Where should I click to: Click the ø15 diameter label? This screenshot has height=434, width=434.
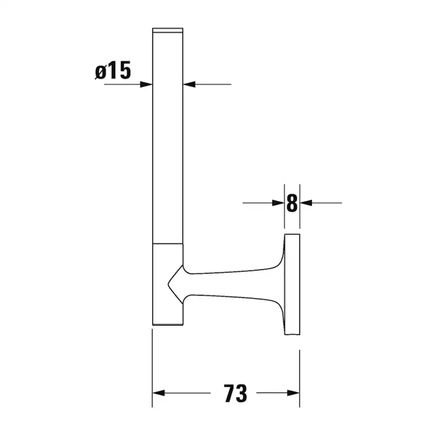(x=113, y=70)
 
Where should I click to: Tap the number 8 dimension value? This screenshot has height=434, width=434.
(x=292, y=203)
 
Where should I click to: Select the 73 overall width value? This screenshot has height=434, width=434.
(x=235, y=393)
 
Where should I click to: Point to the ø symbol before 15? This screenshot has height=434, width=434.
(x=101, y=71)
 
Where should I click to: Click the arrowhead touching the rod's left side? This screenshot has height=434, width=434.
(x=146, y=84)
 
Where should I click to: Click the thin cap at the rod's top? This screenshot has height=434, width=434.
(x=168, y=30)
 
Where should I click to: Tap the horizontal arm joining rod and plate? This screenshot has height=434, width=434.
(x=231, y=284)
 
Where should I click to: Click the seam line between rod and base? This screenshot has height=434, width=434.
(x=168, y=244)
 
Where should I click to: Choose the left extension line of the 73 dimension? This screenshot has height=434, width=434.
(x=153, y=367)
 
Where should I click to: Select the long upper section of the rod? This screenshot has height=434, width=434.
(x=168, y=136)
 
